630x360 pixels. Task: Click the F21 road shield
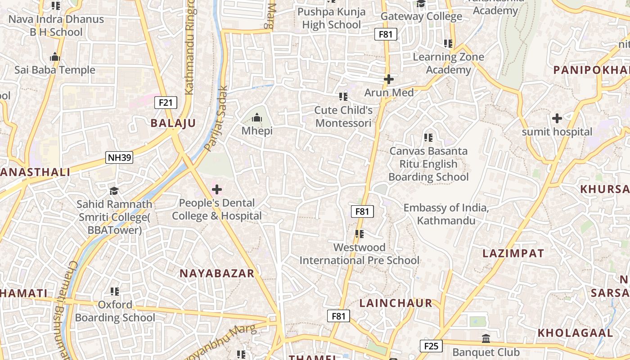coord(166,103)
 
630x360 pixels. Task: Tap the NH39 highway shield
coord(119,157)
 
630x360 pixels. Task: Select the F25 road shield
coord(431,346)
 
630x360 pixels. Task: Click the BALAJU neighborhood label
coord(173,123)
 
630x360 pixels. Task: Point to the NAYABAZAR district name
coord(217,273)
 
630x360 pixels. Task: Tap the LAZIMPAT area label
coord(513,253)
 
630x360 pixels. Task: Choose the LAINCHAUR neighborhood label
coord(396,303)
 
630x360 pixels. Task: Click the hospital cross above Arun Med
coord(389,79)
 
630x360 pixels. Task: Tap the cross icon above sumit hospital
coord(557,118)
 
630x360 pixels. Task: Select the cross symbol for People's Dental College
coord(216,189)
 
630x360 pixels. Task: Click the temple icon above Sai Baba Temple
coord(55,57)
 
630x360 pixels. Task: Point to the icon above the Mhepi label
coord(257,117)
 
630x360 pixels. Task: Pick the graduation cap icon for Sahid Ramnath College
coord(114,191)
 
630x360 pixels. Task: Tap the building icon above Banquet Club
coord(486,338)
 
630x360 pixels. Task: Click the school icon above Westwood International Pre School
coord(359,234)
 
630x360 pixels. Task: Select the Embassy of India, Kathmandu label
coord(446,214)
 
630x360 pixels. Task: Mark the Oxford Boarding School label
coord(115,311)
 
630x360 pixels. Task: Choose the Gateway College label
coord(421,17)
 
